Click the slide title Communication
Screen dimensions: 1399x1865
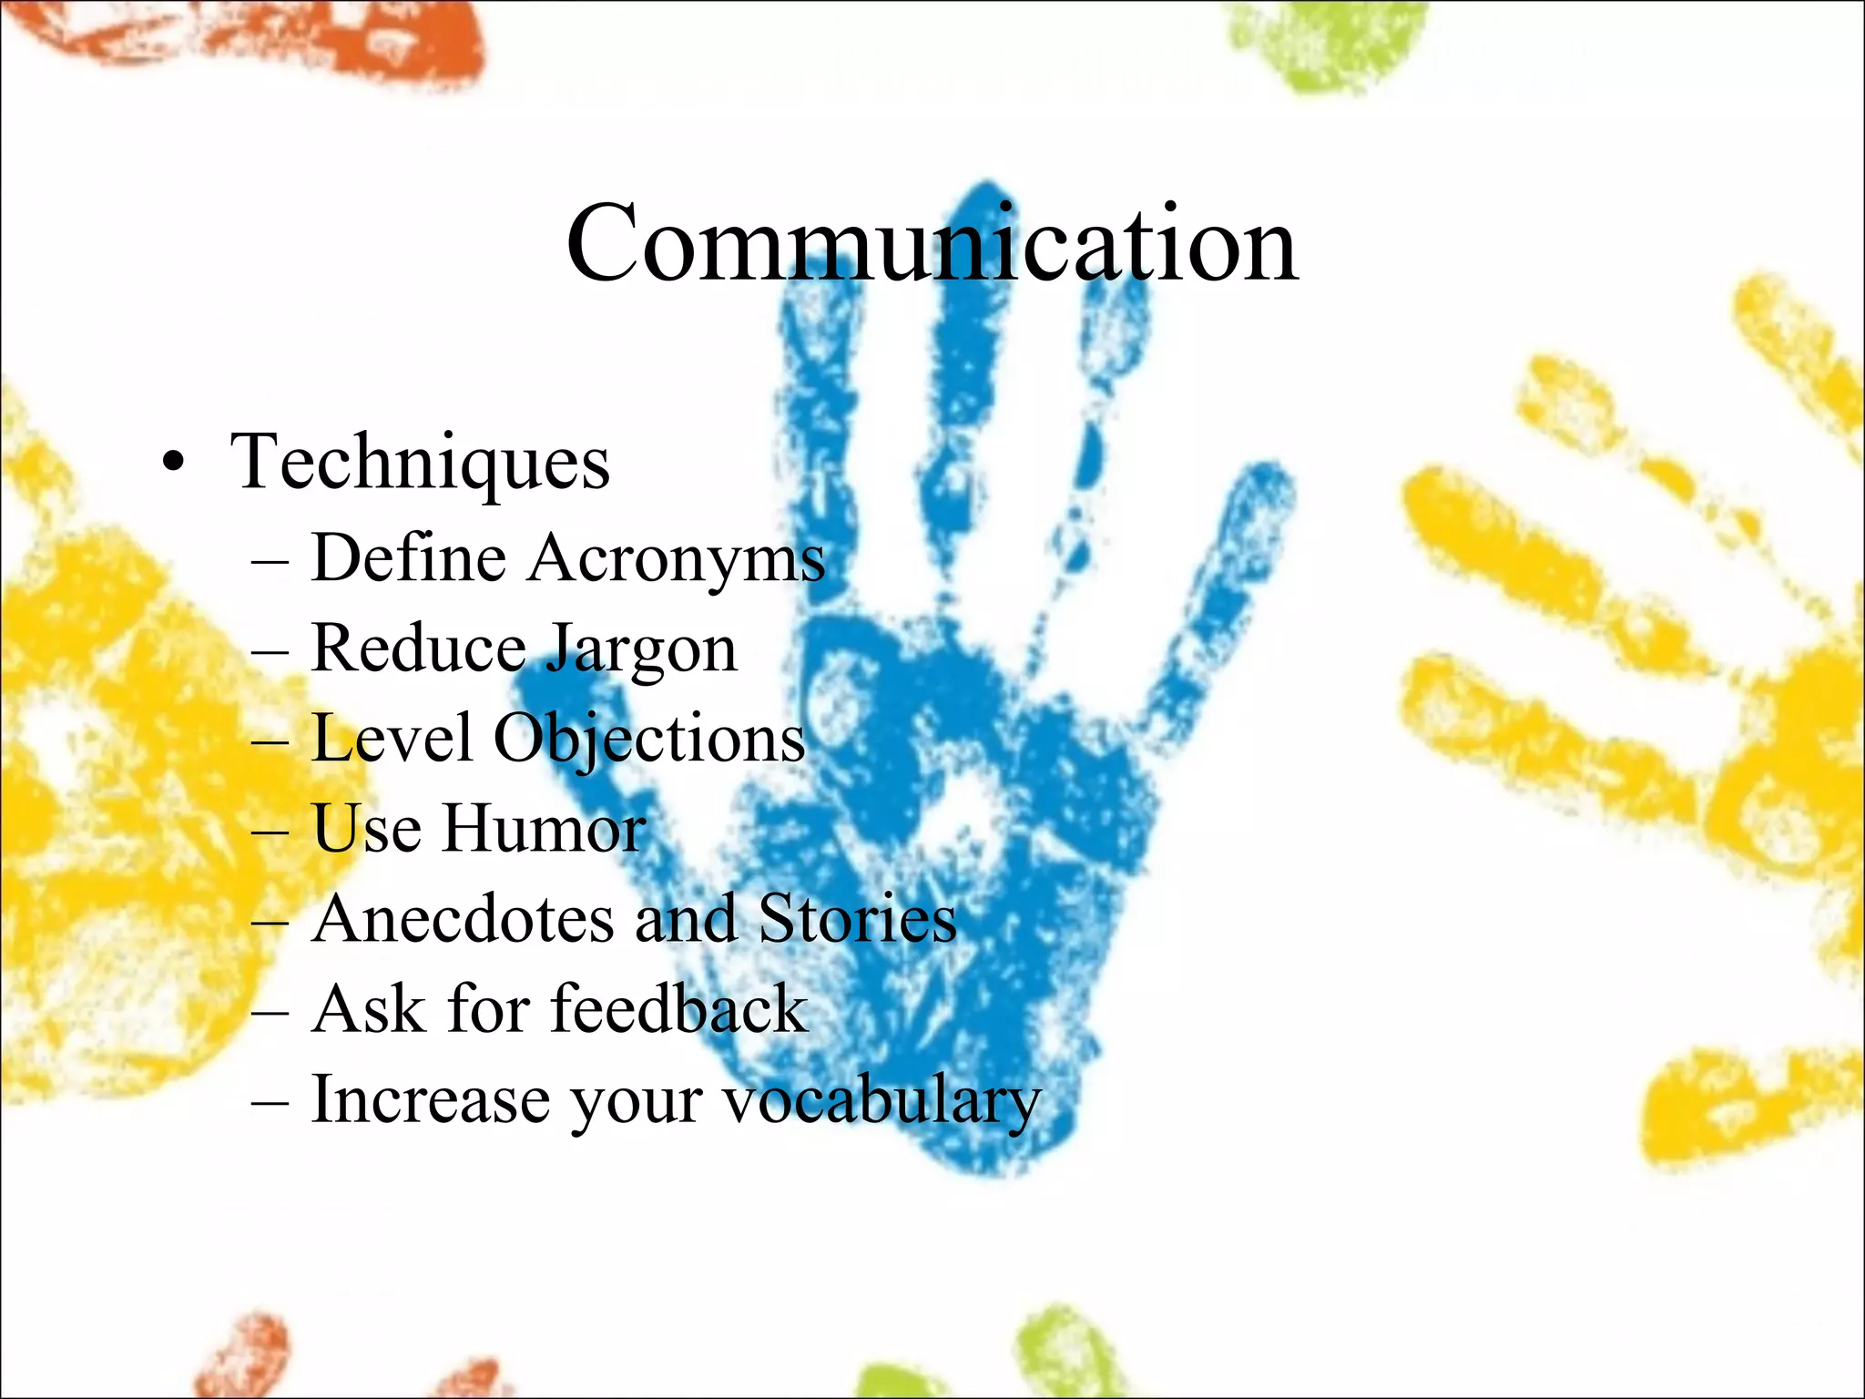point(932,244)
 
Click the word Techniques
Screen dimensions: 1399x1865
point(420,463)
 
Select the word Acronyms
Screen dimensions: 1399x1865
point(677,559)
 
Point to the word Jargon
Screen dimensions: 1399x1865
point(643,650)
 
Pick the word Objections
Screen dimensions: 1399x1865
point(649,740)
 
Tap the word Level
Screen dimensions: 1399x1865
point(392,738)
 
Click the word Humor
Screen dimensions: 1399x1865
point(545,829)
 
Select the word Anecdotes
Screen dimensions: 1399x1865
point(463,918)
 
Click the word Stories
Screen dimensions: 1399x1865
point(857,918)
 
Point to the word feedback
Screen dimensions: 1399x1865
point(679,1009)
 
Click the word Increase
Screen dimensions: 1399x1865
point(431,1100)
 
